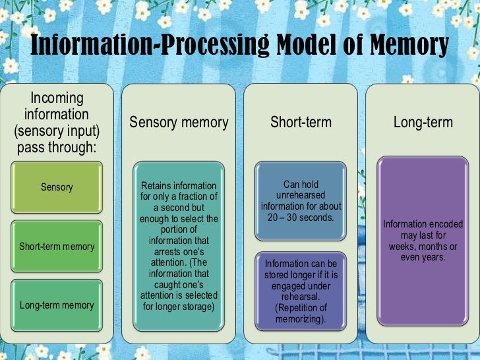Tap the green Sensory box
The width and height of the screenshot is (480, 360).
57,187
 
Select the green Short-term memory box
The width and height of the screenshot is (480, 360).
57,247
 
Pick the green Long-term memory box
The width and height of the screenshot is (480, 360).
57,305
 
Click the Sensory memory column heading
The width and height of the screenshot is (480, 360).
179,122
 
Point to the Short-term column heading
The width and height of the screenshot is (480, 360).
301,122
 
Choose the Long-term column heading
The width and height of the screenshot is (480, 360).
422,122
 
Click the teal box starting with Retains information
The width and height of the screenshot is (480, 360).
179,246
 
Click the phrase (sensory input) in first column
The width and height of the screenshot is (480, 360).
57,131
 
